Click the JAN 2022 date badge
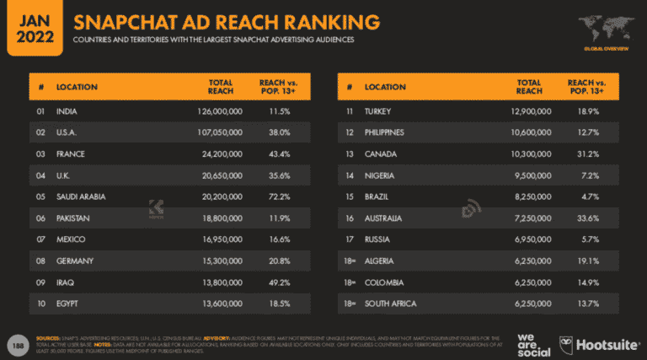[32, 28]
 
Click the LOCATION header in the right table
[385, 87]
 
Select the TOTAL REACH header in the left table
[221, 87]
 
